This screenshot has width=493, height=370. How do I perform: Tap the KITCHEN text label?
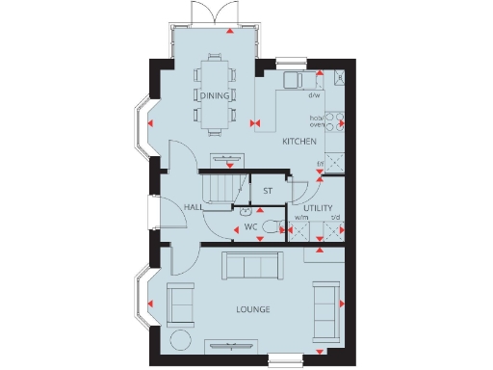(298, 142)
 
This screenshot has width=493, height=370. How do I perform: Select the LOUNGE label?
(252, 309)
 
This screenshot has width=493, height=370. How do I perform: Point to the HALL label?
(193, 207)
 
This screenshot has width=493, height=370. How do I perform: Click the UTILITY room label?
(318, 208)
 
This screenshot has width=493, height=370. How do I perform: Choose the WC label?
(250, 227)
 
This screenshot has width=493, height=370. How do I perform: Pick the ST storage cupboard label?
(268, 191)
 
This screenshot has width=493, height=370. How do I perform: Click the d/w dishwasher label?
(314, 95)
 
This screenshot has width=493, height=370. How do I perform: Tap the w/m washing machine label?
(301, 218)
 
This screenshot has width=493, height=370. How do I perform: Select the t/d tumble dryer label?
(336, 218)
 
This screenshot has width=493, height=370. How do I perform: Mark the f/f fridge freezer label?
(321, 163)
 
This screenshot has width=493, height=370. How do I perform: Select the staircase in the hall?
(222, 185)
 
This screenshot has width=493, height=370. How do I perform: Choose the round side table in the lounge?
(180, 339)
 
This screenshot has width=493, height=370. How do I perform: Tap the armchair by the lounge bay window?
(180, 303)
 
